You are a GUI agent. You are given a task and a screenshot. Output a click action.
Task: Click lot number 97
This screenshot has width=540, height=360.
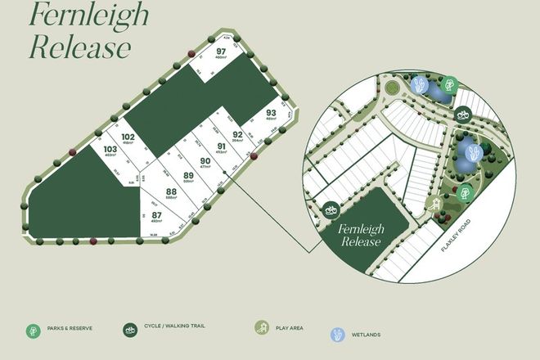pos(221,52)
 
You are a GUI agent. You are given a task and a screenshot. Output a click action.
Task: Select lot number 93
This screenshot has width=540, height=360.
pos(271,113)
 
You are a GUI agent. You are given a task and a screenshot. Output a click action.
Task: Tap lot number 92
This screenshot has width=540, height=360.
pos(238,134)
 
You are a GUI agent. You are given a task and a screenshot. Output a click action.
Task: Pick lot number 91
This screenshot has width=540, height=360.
pos(220,147)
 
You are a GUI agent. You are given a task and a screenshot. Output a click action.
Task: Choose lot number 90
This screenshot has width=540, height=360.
pos(205,161)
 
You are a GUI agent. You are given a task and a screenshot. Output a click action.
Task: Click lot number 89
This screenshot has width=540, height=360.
pos(188,175)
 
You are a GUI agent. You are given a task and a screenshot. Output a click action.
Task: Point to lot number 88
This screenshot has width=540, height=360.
pos(171,191)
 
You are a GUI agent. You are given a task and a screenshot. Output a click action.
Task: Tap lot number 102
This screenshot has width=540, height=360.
pos(127,137)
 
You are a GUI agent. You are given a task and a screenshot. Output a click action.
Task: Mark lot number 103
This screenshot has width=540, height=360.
pos(110,150)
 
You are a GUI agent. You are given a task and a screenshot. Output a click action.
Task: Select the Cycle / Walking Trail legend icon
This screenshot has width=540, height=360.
pos(129,331)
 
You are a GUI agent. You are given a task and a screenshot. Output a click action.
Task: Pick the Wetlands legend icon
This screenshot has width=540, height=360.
pos(338,334)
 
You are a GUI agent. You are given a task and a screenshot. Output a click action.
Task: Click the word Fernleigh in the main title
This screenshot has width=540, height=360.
pos(79,16)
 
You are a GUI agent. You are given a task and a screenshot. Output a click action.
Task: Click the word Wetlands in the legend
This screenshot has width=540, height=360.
pos(367,334)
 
